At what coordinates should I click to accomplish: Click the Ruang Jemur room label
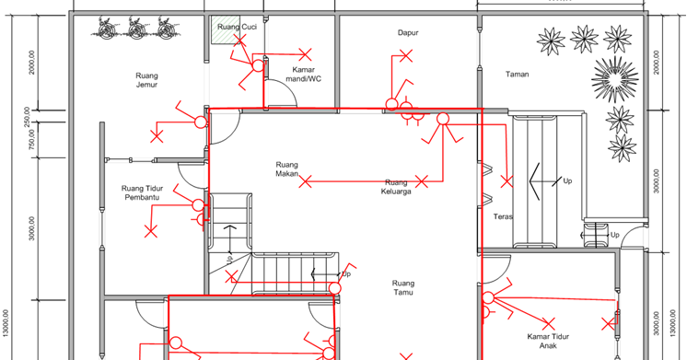pos(146,80)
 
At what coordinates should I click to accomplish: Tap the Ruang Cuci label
pos(237,27)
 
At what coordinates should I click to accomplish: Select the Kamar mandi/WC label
pos(303,75)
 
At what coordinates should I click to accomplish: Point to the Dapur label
pos(408,33)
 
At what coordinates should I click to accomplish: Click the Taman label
pos(517,75)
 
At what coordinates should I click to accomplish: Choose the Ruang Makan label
pos(287,169)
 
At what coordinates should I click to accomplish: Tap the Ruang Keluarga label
pos(396,187)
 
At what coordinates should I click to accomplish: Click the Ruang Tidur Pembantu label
pos(142,192)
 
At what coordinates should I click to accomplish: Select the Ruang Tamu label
pos(403,288)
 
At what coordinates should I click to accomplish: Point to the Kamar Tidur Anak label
pos(548,342)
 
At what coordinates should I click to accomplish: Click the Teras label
pos(503,216)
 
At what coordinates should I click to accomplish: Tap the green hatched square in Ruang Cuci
pos(226,29)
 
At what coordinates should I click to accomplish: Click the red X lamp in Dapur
pos(406,55)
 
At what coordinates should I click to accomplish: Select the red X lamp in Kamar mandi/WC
pos(305,54)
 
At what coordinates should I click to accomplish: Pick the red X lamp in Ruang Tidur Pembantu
pos(151,231)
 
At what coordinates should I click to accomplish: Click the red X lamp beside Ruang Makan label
pos(306,181)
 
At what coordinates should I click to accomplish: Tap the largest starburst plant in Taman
pos(614,79)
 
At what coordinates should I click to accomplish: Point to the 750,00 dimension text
pos(32,140)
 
